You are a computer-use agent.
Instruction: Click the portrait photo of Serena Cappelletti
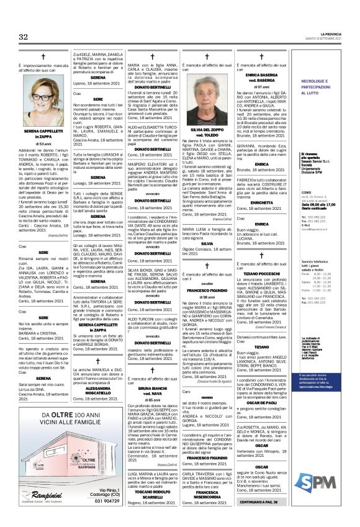[x=38, y=105]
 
